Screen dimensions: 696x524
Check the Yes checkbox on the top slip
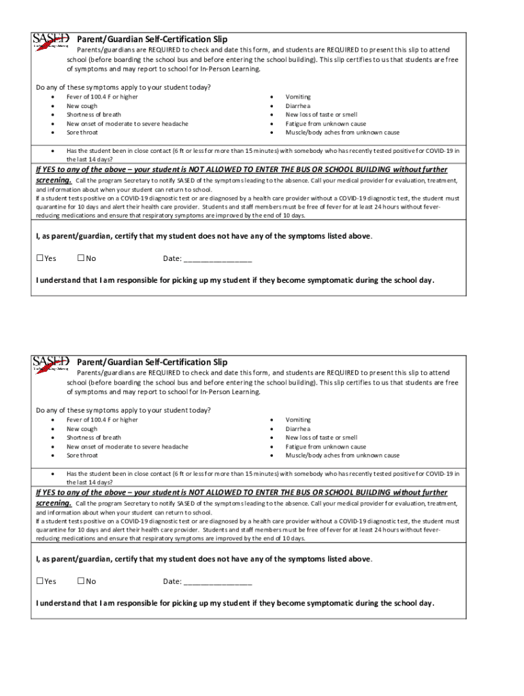tap(39, 258)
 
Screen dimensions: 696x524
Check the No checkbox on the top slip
tap(81, 258)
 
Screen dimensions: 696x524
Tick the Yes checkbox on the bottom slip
tap(39, 581)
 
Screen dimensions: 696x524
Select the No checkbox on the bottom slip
tap(81, 581)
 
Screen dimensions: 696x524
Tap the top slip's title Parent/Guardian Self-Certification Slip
tap(152, 39)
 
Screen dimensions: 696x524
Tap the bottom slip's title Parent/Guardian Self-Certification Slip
tap(152, 362)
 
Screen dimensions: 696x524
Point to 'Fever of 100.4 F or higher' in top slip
tap(102, 97)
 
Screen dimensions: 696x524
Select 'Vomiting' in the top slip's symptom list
tap(298, 97)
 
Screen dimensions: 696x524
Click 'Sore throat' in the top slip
tap(82, 133)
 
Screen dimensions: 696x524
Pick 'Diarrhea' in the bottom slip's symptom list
tap(298, 429)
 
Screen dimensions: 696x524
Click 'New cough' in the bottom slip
tap(82, 429)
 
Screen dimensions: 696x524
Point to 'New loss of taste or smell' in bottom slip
tap(321, 438)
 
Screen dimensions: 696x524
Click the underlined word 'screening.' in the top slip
tap(54, 181)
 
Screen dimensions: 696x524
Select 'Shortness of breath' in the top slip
tap(94, 115)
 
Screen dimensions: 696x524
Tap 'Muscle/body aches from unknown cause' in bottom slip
tap(342, 455)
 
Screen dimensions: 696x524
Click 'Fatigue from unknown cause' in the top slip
tap(326, 124)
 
